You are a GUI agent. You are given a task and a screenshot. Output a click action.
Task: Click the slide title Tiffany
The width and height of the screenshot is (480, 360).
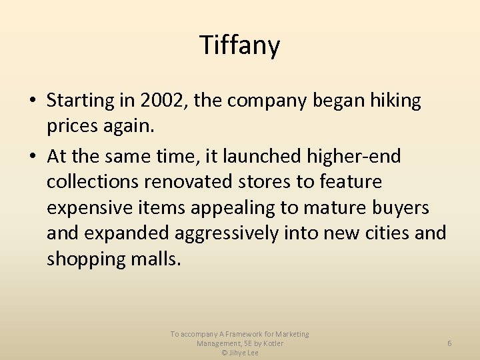click(x=240, y=45)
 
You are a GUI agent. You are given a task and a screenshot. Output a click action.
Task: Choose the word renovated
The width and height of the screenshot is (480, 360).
click(x=206, y=182)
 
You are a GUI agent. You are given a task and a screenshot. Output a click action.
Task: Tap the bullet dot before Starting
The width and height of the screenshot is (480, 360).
click(x=32, y=101)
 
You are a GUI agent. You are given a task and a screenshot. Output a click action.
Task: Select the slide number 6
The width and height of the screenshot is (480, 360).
click(x=449, y=343)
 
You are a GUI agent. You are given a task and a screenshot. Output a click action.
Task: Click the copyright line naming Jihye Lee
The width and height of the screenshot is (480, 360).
click(x=240, y=353)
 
